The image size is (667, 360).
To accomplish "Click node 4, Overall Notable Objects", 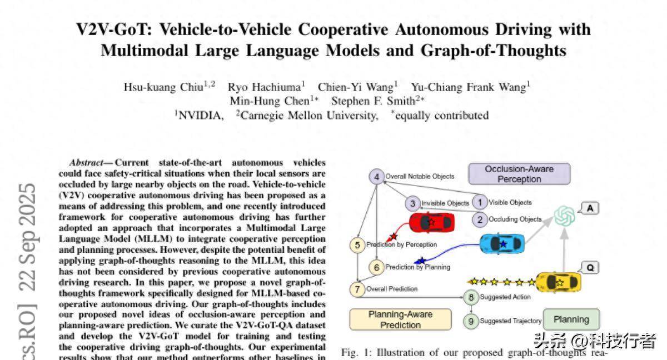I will [x=377, y=177].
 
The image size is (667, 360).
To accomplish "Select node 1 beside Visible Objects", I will [x=479, y=202].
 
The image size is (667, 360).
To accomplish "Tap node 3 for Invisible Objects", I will [x=412, y=203].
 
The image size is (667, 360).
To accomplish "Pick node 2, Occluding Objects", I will [x=480, y=219].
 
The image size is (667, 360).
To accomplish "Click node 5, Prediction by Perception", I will [x=357, y=244].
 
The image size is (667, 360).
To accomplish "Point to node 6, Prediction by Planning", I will [x=376, y=267].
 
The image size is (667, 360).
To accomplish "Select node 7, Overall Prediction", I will [x=357, y=289].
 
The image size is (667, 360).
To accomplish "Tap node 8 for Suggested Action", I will [x=471, y=297].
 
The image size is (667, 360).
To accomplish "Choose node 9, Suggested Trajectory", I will [x=471, y=321].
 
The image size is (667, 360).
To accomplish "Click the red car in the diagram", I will [x=431, y=223].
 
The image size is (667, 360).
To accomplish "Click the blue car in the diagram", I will [x=502, y=243].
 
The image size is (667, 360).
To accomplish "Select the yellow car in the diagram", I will [x=558, y=282].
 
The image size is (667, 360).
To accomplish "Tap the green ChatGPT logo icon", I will [x=564, y=216].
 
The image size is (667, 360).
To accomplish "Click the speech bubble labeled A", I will [x=589, y=208].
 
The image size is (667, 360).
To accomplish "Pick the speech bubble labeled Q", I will [x=589, y=268].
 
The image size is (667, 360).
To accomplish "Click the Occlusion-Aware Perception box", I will [x=519, y=174].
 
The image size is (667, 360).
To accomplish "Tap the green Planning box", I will [x=571, y=319].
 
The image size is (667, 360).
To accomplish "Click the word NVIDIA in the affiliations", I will [x=201, y=116].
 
